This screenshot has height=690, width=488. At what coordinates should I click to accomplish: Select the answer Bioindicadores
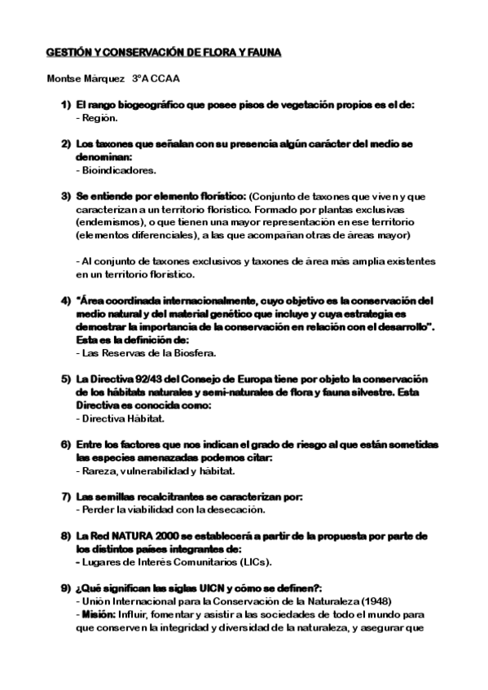click(119, 170)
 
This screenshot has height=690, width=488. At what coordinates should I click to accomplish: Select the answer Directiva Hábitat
click(123, 418)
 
